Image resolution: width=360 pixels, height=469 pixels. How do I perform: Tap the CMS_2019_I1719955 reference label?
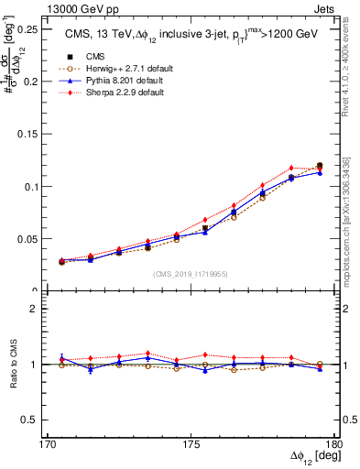click(191, 273)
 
